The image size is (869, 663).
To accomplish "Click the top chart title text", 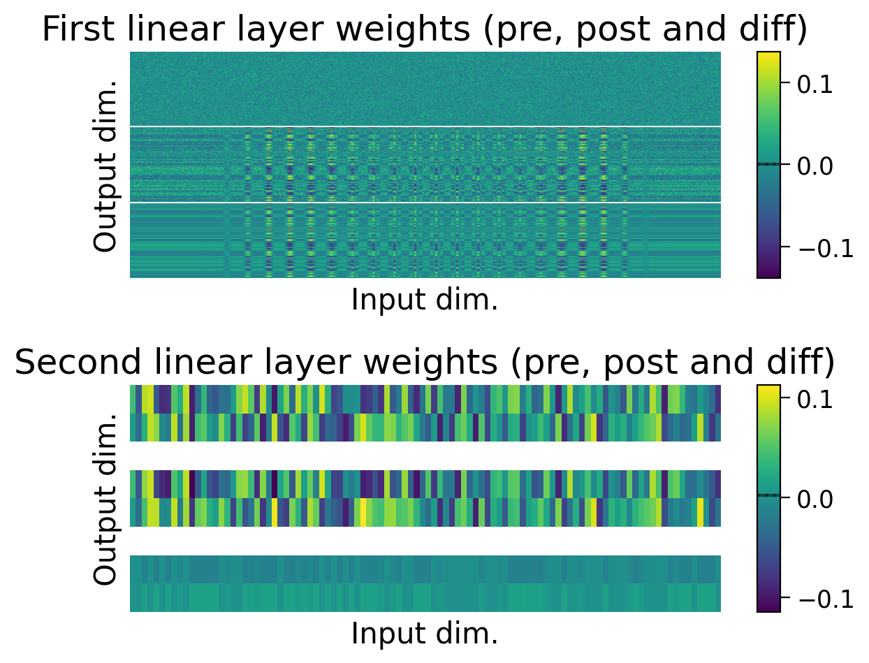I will (425, 29).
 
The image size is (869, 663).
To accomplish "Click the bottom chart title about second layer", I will (425, 363).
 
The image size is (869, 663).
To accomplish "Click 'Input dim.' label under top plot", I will (425, 300).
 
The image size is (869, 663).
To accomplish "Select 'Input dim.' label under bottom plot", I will (425, 633).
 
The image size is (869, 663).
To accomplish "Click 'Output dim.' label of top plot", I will (105, 165).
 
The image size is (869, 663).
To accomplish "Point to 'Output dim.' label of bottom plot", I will (105, 498).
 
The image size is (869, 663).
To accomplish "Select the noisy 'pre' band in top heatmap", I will (425, 88).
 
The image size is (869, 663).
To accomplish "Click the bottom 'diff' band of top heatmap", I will (425, 240).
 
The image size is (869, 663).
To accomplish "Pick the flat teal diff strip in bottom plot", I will (425, 583).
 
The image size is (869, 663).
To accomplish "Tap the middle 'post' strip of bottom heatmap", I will (425, 498).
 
